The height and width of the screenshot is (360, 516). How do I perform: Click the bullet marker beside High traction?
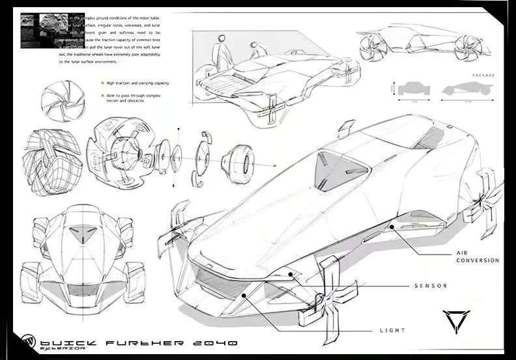click(x=102, y=83)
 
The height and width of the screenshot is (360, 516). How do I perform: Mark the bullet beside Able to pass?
click(x=102, y=96)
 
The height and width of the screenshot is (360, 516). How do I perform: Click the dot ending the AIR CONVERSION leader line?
click(x=391, y=227)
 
